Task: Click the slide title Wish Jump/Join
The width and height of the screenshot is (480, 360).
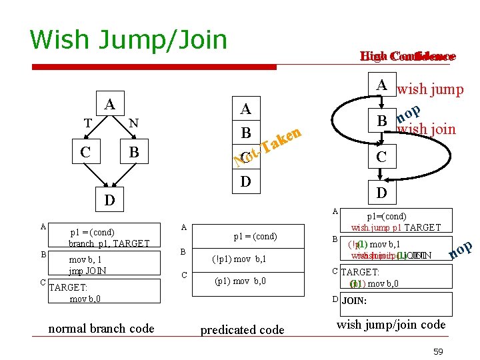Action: pos(128,40)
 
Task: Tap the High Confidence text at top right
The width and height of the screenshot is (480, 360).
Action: pos(407,57)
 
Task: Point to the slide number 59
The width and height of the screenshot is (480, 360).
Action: pos(438,351)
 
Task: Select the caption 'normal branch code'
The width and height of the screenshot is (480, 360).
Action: pos(101,328)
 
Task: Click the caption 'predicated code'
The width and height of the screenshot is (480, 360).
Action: pos(242,329)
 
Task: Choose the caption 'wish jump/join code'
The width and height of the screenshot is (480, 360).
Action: pos(391,325)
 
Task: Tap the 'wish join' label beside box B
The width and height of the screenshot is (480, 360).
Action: pos(426,129)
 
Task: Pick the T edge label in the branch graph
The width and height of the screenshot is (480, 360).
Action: pos(87,123)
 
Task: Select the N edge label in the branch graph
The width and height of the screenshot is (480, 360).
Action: pos(133,123)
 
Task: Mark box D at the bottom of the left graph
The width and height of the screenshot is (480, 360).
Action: pos(109,200)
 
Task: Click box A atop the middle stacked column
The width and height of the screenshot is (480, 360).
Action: pos(246,109)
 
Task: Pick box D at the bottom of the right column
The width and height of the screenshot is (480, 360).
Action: pos(380,193)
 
